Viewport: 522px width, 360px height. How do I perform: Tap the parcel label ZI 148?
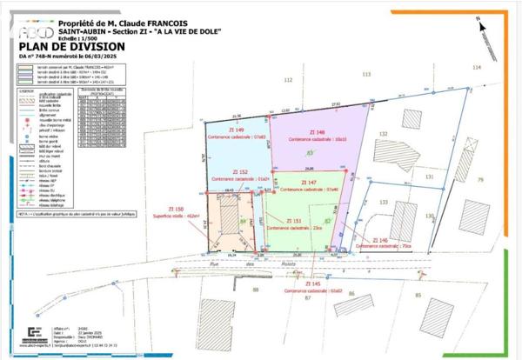(x=302, y=131)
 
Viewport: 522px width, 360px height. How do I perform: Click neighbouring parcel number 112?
(x=287, y=79)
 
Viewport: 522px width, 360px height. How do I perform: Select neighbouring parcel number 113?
(x=366, y=75)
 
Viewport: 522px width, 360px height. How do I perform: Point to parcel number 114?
(x=476, y=67)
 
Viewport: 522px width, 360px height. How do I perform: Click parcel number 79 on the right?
(x=479, y=179)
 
